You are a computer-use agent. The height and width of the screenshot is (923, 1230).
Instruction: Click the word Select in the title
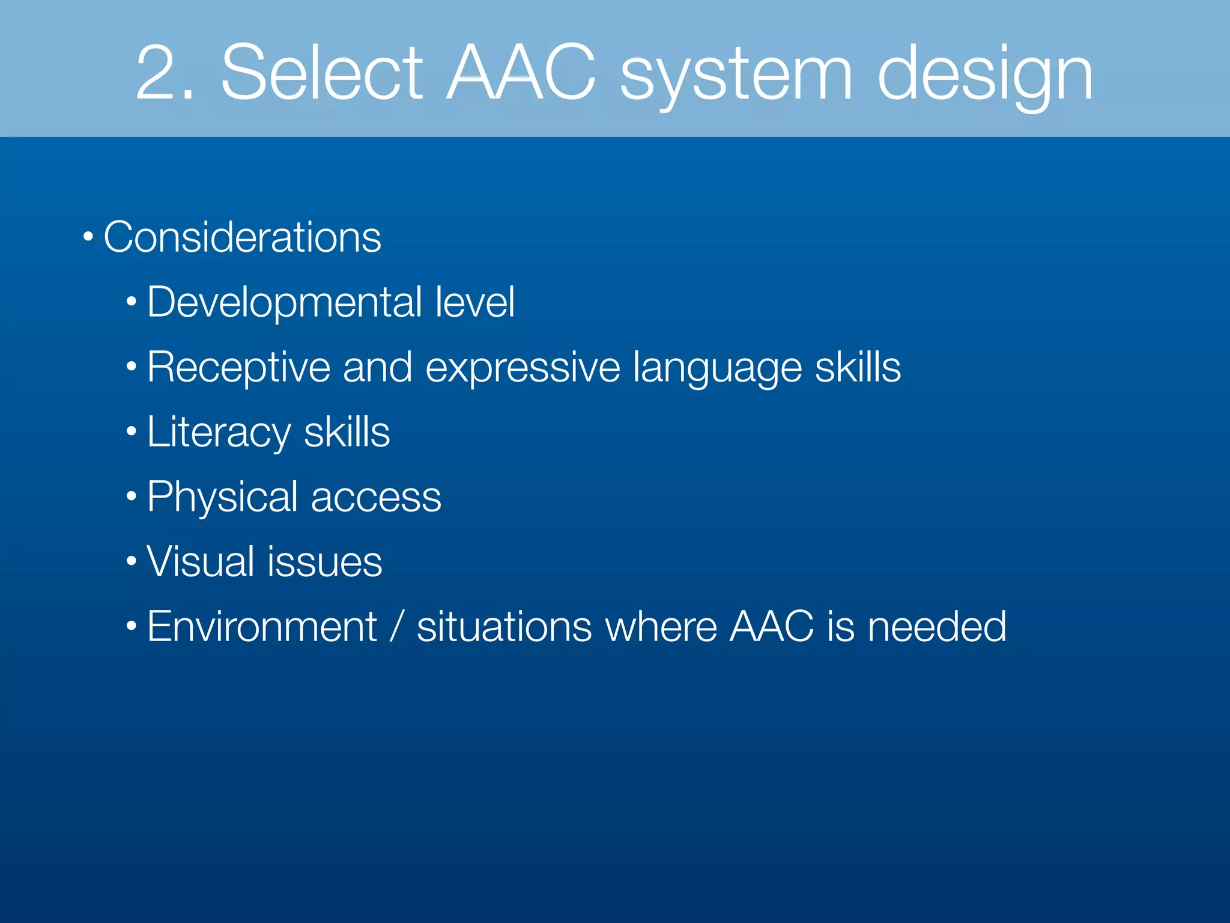tap(323, 73)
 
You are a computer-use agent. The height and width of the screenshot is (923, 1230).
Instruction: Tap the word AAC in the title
tap(521, 73)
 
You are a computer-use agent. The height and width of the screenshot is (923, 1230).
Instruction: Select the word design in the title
tap(985, 77)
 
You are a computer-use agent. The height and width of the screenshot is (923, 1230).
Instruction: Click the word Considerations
tap(242, 237)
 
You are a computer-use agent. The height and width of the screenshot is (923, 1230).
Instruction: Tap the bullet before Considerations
tap(88, 237)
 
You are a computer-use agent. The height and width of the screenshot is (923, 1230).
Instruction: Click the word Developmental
tap(285, 302)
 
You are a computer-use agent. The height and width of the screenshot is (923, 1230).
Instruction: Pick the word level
tap(474, 302)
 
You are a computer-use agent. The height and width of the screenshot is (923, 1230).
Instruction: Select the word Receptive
tap(238, 367)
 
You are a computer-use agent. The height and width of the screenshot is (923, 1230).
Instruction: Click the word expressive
tap(523, 367)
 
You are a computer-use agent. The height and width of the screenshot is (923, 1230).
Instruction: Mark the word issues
tap(325, 562)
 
